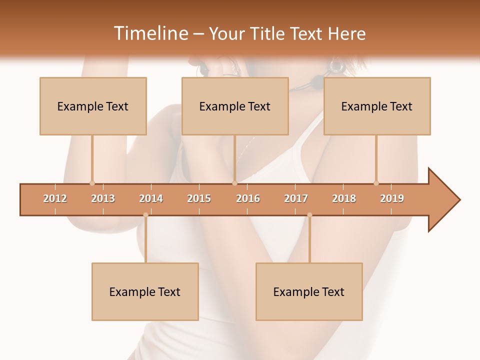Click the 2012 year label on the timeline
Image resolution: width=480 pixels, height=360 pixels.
(x=55, y=198)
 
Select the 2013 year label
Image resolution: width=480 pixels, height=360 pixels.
(x=103, y=198)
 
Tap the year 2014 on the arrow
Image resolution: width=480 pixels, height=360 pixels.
(x=151, y=198)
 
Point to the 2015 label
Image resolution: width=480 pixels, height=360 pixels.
(x=199, y=198)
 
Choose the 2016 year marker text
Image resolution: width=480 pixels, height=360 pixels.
(x=248, y=198)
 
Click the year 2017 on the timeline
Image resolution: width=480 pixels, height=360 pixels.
(x=296, y=198)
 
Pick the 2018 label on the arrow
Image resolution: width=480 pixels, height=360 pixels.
(x=344, y=198)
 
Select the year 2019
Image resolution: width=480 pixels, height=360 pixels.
(x=392, y=198)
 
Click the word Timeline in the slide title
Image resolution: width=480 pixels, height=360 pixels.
(x=150, y=33)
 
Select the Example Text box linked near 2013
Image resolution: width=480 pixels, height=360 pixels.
(x=93, y=106)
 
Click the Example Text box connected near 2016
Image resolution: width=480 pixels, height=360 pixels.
(x=235, y=106)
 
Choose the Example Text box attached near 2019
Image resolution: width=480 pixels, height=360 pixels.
(x=377, y=106)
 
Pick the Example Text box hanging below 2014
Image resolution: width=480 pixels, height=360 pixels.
(x=145, y=291)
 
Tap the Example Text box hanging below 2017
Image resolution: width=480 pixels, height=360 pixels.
(x=309, y=291)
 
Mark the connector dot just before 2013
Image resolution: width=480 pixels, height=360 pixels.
(x=92, y=183)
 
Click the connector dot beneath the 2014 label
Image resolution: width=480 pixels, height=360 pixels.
(x=145, y=215)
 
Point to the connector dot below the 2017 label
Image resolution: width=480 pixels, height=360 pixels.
(x=309, y=215)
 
